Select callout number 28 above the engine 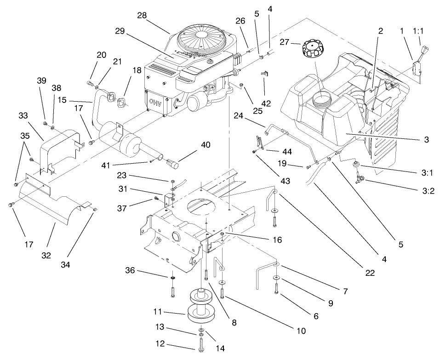(142, 15)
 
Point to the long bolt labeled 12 (201, 343)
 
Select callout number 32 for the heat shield (46, 256)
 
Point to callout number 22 (370, 273)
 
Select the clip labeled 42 (264, 73)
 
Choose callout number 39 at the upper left (41, 80)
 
